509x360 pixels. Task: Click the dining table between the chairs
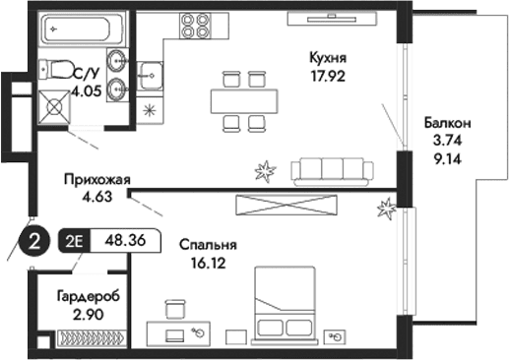coord(242,99)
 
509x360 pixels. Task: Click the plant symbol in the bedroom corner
coord(387,208)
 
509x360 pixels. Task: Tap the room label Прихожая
coord(96,179)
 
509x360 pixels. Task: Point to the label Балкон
coord(448,123)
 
